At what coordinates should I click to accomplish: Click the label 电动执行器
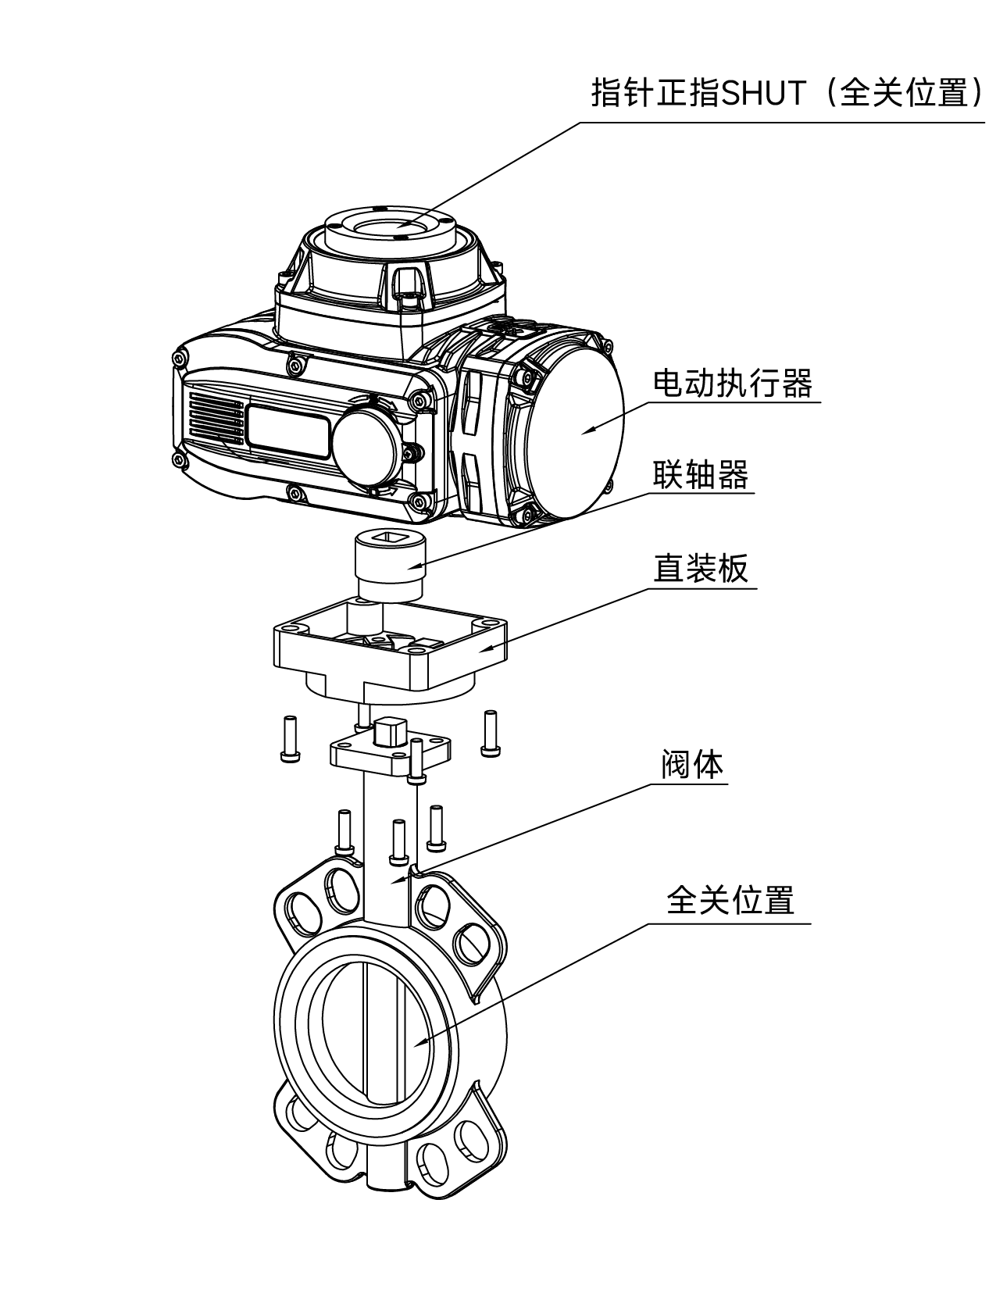click(x=732, y=383)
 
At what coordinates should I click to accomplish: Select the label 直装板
click(x=700, y=568)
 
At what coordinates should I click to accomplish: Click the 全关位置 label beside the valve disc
click(x=730, y=900)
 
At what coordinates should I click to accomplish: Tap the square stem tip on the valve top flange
click(x=388, y=731)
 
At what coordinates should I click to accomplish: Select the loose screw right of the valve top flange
click(x=491, y=733)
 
